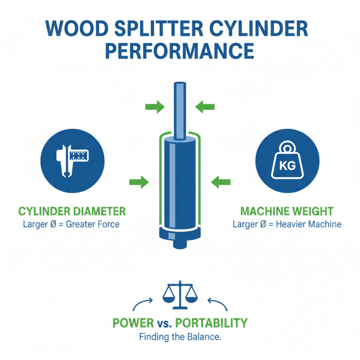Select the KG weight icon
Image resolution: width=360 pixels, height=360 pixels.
click(287, 161)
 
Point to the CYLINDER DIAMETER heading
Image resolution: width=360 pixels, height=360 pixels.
click(72, 211)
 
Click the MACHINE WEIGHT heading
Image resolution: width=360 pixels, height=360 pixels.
click(287, 211)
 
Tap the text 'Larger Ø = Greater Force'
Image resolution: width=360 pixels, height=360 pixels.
click(72, 224)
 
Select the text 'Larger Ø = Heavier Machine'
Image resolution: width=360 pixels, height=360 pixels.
click(287, 224)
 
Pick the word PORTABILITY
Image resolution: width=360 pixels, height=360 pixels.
click(211, 323)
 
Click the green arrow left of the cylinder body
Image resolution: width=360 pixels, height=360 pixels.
click(139, 182)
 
